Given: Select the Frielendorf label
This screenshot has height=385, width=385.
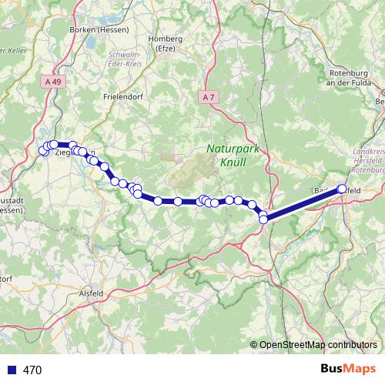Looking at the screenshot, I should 124,97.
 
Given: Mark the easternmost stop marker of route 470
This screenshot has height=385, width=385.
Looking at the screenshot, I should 342,189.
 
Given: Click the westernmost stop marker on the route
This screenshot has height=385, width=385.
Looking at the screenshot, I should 43,151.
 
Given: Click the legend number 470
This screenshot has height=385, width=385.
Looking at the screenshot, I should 32,370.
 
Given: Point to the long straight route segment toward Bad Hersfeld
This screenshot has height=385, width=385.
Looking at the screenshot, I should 303,204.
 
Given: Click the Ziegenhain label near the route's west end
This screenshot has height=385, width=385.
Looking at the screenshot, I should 72,152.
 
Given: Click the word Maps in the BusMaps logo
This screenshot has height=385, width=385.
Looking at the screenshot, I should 360,370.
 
